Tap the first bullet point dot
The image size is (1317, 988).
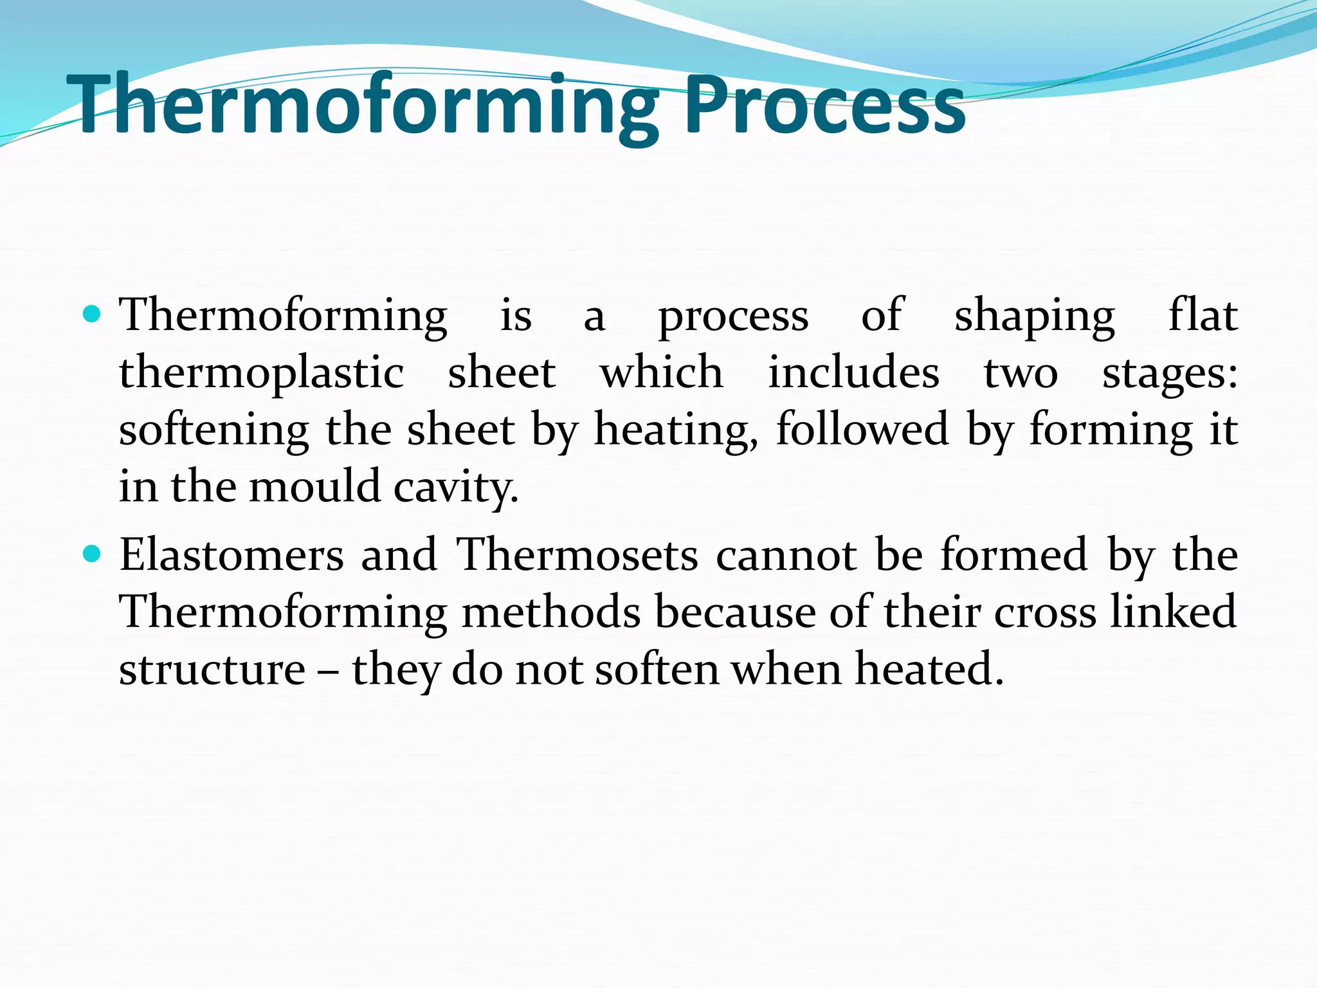93,314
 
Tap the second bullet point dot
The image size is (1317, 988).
93,553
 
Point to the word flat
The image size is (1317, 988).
1203,315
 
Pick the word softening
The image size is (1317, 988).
214,430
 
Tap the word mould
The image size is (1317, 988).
315,486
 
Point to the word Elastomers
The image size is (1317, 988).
232,555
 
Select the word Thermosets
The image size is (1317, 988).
577,555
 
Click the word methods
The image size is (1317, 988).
551,612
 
